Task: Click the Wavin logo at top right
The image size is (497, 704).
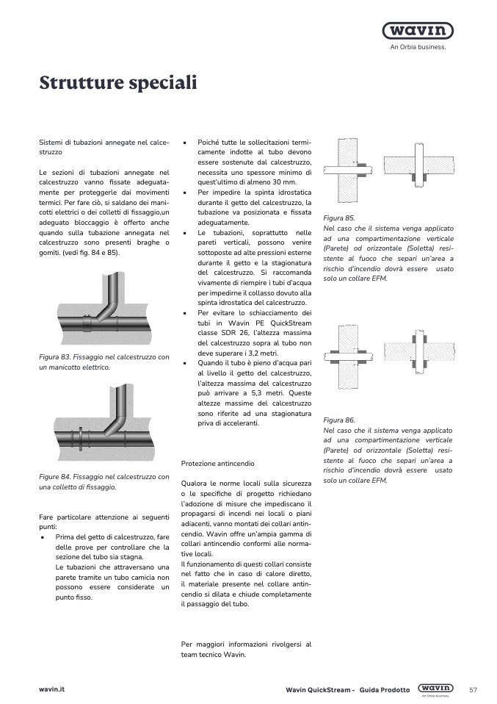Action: point(418,31)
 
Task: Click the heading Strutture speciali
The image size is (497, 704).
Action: point(117,82)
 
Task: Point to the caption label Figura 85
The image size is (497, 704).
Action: point(339,218)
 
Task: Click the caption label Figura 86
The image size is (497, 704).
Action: point(339,420)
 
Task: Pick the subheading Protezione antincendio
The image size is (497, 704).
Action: point(217,464)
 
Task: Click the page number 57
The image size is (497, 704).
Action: point(473,690)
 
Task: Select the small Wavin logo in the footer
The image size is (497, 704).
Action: point(435,689)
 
